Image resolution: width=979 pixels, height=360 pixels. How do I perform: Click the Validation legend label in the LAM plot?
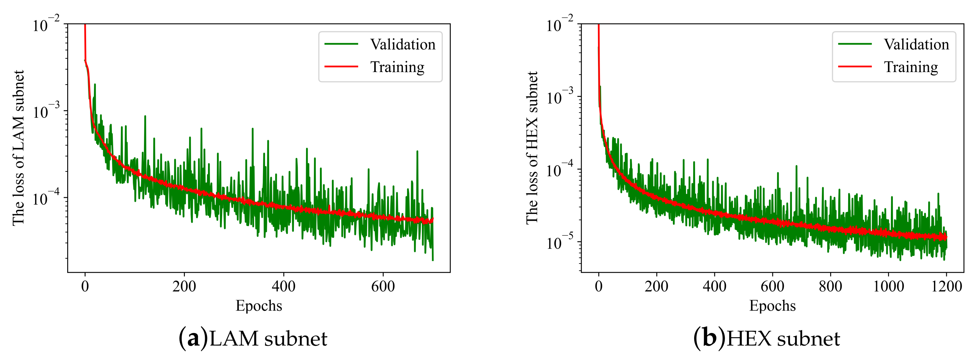(403, 44)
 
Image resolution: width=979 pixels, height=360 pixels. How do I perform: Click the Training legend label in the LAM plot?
(397, 67)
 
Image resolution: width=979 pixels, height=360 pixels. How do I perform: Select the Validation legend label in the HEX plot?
(916, 44)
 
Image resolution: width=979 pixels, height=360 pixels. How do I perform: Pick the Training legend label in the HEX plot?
(911, 67)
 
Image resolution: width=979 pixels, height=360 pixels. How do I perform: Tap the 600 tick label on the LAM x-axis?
(383, 286)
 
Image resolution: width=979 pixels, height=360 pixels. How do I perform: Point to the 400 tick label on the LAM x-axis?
(284, 286)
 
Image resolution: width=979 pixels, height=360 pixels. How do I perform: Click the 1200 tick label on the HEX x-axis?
(946, 286)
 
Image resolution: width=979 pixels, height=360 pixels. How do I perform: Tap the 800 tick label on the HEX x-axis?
(830, 286)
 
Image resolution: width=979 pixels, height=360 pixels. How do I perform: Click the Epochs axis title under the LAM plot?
(259, 306)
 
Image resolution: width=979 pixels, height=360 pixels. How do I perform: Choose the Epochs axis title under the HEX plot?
(772, 306)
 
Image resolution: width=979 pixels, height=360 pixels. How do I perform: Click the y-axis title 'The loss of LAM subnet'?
(18, 148)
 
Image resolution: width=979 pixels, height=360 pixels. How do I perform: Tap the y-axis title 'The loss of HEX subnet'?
(532, 148)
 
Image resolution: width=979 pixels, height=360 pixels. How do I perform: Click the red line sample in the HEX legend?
(855, 67)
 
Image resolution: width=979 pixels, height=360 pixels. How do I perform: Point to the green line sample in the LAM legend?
(341, 44)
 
